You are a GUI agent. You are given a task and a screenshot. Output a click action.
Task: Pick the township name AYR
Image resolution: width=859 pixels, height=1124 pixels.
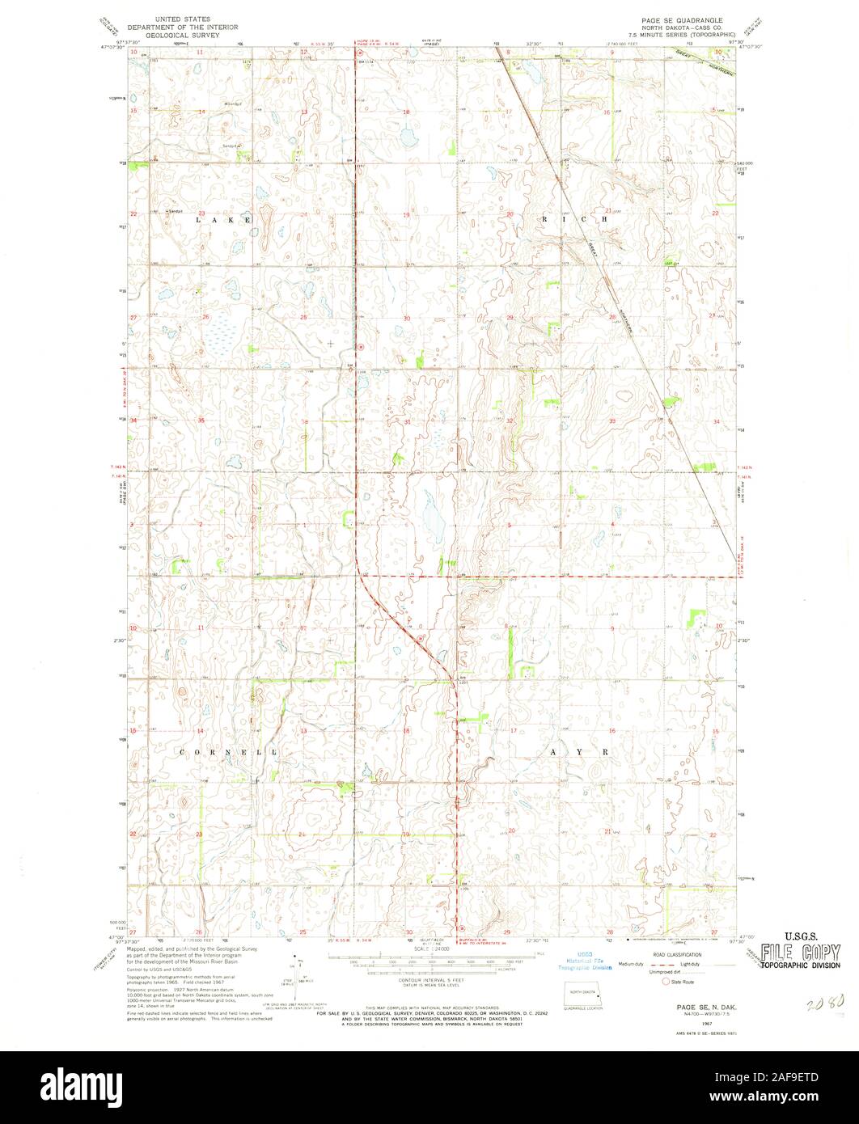pos(578,752)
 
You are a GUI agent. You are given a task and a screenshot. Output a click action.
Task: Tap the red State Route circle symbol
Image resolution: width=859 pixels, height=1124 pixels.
pos(666,982)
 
